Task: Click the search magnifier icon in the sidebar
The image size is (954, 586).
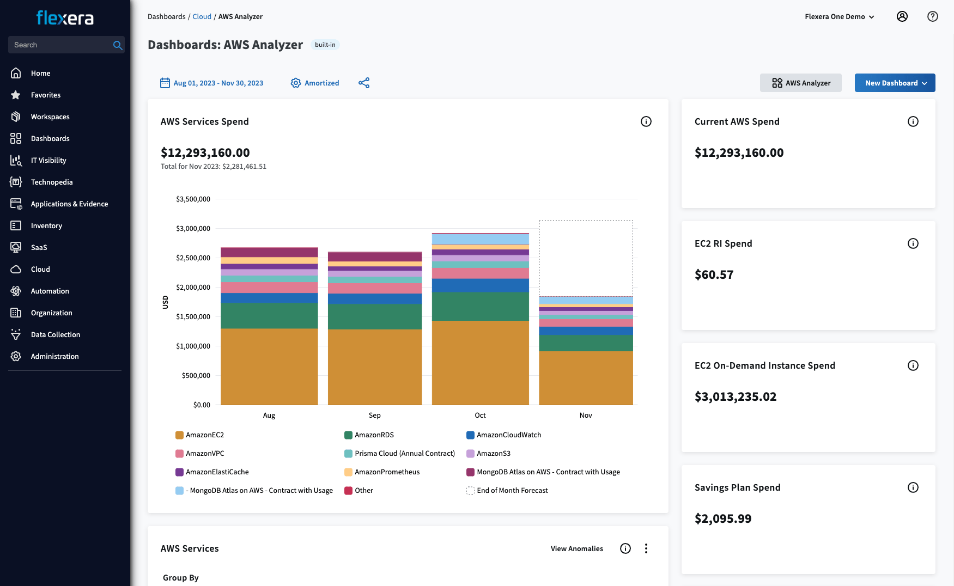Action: tap(117, 45)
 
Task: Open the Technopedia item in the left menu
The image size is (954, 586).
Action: tap(51, 182)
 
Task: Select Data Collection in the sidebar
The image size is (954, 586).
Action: tap(55, 334)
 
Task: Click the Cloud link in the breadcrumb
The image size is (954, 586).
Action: tap(202, 17)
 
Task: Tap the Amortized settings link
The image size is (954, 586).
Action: tap(315, 83)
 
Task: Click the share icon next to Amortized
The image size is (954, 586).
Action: tap(364, 83)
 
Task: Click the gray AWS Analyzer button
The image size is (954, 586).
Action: tap(800, 83)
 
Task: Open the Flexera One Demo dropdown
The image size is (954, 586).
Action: tap(839, 17)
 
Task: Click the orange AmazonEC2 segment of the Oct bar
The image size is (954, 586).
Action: tap(480, 362)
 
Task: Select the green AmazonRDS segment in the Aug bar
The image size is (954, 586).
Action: tap(269, 315)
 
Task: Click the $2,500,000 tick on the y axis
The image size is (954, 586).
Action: tap(193, 258)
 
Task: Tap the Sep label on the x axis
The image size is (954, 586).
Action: tap(374, 416)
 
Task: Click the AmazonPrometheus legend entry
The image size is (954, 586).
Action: tap(386, 472)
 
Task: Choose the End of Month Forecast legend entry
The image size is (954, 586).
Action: tap(512, 491)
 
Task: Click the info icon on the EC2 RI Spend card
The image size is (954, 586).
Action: tap(913, 243)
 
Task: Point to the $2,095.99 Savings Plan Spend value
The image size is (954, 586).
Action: tap(722, 518)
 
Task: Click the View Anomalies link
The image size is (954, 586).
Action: tap(576, 549)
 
